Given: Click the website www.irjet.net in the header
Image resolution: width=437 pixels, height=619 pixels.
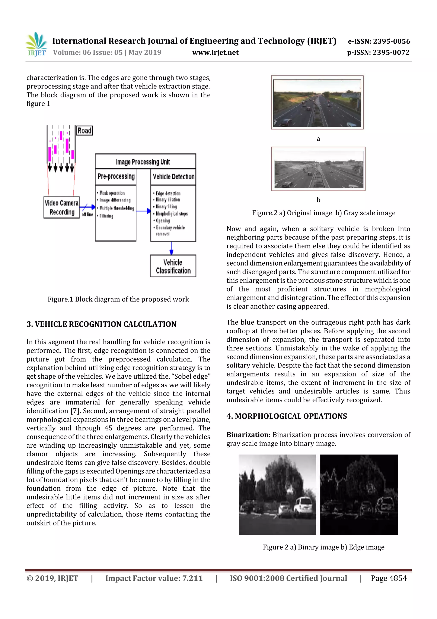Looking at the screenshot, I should (215, 52).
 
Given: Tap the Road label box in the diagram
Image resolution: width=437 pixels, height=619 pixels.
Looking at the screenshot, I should (84, 131).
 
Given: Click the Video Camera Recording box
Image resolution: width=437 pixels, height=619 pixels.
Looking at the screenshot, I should (62, 207).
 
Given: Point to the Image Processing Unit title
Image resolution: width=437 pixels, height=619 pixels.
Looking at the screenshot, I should (143, 162).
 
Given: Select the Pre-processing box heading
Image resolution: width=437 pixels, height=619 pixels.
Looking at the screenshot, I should (116, 176).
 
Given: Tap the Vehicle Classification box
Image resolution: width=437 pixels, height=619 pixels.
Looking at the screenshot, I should (173, 266).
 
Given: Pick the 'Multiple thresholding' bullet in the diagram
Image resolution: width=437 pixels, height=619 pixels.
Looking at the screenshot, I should (117, 208).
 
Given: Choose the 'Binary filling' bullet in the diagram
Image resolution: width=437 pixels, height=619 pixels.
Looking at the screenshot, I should (166, 207).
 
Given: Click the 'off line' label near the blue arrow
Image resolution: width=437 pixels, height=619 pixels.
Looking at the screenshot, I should (87, 215).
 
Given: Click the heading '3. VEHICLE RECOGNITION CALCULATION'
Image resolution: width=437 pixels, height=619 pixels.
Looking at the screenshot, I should (101, 324).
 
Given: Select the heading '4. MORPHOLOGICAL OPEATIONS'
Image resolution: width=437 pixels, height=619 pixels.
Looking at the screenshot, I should (287, 416).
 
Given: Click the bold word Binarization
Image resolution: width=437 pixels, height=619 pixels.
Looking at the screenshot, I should (247, 435).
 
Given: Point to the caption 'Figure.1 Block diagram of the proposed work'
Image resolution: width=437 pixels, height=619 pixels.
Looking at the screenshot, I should (118, 299).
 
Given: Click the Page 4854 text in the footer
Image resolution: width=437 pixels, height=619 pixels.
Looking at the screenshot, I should (389, 578).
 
